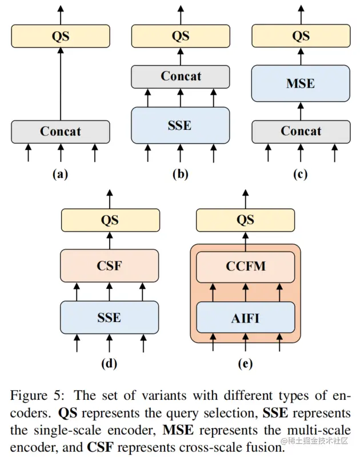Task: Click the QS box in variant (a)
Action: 61,36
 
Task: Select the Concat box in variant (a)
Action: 61,132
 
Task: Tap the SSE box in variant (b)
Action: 181,125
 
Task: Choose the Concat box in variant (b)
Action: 181,77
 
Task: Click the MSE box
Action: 301,84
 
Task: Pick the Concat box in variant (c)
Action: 301,132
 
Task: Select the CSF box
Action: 110,265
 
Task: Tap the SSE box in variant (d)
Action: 110,317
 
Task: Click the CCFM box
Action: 246,267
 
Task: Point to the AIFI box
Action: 246,317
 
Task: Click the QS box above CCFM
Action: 246,220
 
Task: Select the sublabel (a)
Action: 61,174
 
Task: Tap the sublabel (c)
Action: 301,174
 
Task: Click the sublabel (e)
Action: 245,364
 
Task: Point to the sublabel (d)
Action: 109,364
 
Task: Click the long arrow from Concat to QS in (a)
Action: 61,84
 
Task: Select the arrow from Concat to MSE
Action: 301,111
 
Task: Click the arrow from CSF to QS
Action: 110,240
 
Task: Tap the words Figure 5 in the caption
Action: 37,396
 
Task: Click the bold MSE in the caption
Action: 178,431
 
